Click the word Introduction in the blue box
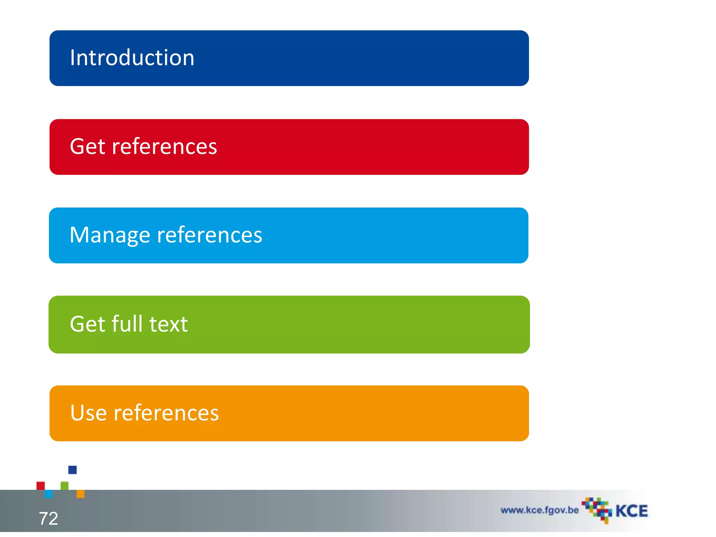132,58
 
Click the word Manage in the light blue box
110,235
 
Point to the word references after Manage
209,235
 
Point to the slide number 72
48,518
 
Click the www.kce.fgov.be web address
539,510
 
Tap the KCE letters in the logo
631,511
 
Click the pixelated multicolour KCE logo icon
597,510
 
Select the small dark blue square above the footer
72,470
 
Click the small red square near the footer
41,486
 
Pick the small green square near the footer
65,486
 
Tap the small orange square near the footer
80,494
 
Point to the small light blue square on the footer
49,494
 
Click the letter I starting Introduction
72,58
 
